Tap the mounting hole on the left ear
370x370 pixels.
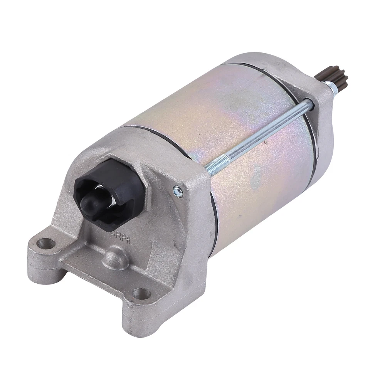click(46, 243)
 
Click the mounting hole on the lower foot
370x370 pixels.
click(141, 294)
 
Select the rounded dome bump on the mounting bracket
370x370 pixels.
click(115, 257)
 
